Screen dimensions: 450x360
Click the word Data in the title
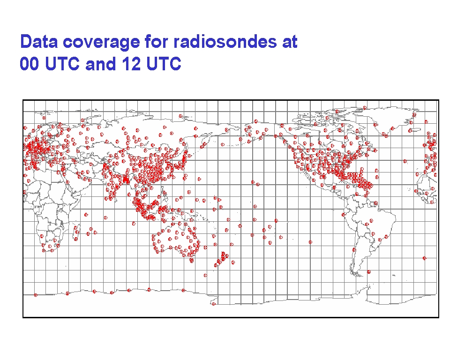tap(39, 42)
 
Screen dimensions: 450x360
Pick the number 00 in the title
tap(29, 63)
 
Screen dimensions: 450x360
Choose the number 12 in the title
tap(131, 63)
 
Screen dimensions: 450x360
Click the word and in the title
tap(100, 63)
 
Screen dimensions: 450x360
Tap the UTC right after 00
tap(62, 63)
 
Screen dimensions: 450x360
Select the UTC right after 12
tap(164, 63)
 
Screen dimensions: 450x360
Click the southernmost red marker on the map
tap(214, 304)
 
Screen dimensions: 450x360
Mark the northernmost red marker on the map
tap(365, 108)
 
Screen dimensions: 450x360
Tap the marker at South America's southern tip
tap(369, 271)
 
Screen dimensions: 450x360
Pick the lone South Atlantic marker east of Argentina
tap(425, 258)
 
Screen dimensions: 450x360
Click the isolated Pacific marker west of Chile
tap(310, 242)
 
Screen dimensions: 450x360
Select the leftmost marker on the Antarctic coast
tap(36, 295)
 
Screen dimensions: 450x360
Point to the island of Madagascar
tap(76, 232)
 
